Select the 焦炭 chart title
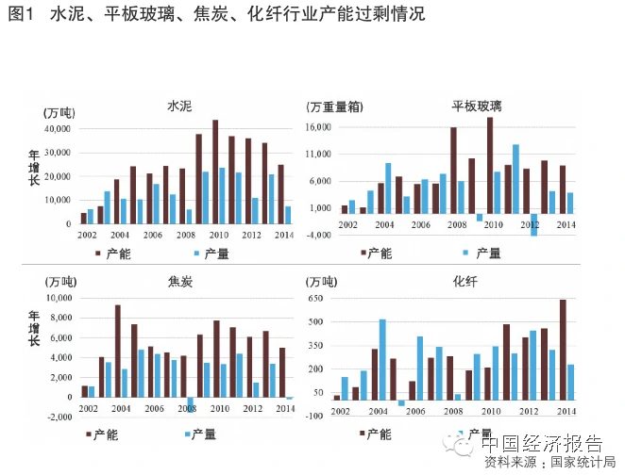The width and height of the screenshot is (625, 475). coord(180,280)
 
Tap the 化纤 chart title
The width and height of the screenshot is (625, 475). coord(465,280)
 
